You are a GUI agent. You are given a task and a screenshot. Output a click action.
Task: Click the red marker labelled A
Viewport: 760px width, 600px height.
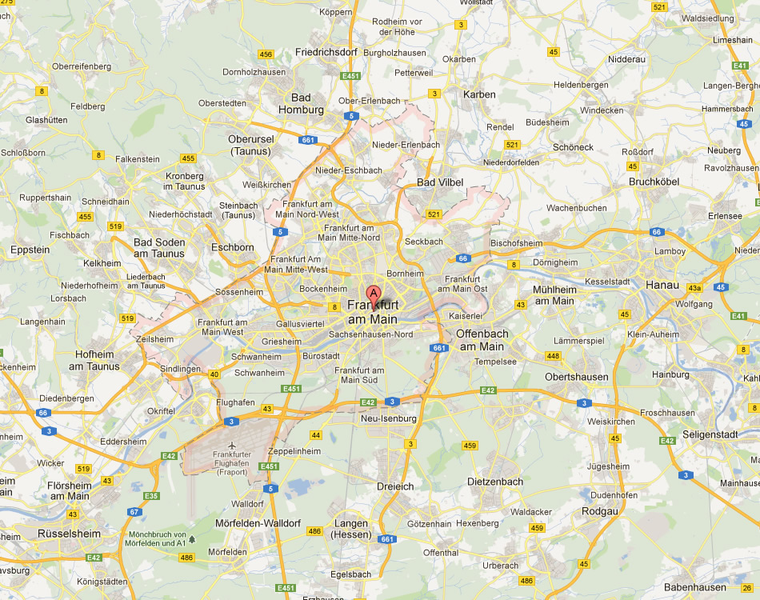pyautogui.click(x=374, y=294)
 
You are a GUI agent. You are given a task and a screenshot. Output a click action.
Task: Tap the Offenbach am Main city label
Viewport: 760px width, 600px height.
pyautogui.click(x=482, y=340)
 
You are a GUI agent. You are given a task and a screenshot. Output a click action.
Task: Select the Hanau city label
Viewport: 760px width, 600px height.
pyautogui.click(x=662, y=285)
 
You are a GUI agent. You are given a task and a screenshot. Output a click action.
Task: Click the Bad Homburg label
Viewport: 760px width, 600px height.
pyautogui.click(x=301, y=104)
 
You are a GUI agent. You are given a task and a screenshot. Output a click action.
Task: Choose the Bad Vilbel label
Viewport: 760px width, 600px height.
pyautogui.click(x=440, y=182)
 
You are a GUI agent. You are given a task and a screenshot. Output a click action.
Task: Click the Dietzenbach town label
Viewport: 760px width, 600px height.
pyautogui.click(x=494, y=482)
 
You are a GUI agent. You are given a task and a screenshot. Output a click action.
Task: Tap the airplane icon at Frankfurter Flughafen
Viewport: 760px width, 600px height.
pyautogui.click(x=232, y=445)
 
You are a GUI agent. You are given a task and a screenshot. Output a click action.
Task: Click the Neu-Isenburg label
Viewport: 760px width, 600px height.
pyautogui.click(x=389, y=418)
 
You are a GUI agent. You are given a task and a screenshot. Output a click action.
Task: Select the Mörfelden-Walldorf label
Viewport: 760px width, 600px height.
pyautogui.click(x=258, y=523)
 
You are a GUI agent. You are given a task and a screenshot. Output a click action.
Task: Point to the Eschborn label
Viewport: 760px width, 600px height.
pyautogui.click(x=232, y=247)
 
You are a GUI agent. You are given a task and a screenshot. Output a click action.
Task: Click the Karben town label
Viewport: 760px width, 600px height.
pyautogui.click(x=479, y=94)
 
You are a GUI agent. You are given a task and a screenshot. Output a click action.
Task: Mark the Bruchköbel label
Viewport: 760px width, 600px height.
pyautogui.click(x=654, y=182)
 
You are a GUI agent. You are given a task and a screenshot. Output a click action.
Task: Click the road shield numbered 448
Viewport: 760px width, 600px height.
pyautogui.click(x=553, y=356)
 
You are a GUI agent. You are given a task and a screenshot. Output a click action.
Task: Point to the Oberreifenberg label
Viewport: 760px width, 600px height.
pyautogui.click(x=82, y=66)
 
